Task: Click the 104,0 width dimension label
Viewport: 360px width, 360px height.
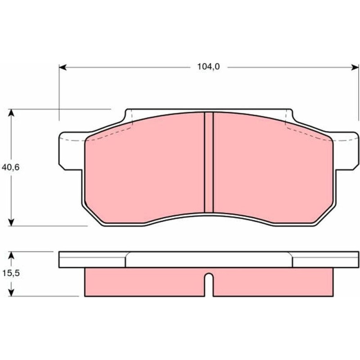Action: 208,67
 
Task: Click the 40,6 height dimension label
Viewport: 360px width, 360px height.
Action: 10,167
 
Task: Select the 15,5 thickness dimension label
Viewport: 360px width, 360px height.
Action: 11,273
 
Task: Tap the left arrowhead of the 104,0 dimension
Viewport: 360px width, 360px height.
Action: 63,67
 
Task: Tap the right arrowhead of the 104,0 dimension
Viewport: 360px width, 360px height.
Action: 355,67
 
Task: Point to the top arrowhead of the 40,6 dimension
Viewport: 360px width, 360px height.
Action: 11,113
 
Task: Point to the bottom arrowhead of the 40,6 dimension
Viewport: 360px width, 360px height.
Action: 11,222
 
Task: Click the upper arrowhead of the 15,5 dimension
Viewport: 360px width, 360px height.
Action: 11,255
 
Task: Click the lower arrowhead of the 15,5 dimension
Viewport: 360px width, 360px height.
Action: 11,292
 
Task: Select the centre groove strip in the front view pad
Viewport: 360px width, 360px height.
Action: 209,162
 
